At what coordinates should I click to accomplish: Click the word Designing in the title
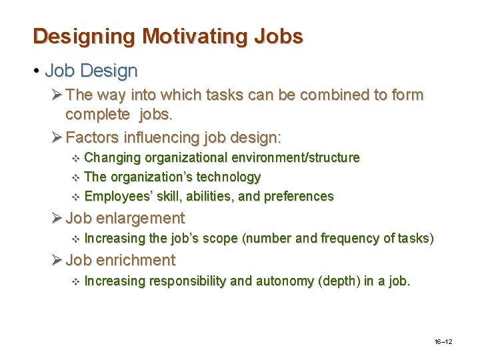(x=73, y=36)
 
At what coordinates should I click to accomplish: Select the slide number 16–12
(x=443, y=341)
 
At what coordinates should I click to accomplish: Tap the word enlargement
(x=140, y=218)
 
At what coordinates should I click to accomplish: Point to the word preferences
(x=299, y=196)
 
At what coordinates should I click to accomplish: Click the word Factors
(x=93, y=138)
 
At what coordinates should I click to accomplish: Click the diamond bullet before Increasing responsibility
(x=75, y=281)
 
